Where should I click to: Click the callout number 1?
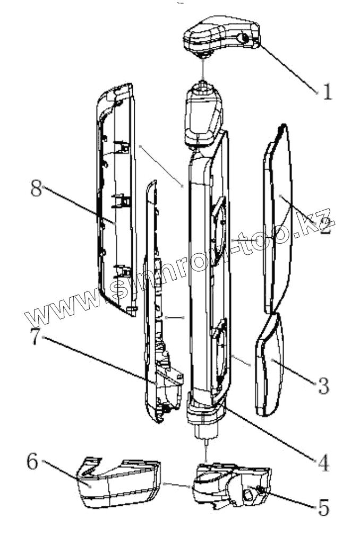pyautogui.click(x=327, y=92)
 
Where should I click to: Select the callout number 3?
pyautogui.click(x=323, y=386)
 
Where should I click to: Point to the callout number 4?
pyautogui.click(x=323, y=463)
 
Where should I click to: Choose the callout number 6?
pyautogui.click(x=32, y=462)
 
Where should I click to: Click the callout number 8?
pyautogui.click(x=36, y=188)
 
